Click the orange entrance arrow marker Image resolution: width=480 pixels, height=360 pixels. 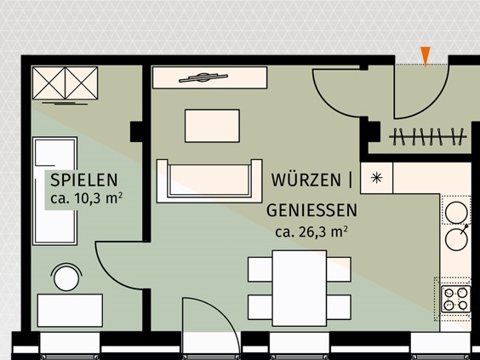[x=426, y=55]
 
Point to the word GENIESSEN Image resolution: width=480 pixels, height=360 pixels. [x=311, y=209]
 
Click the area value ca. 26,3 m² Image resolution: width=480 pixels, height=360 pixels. [x=311, y=230]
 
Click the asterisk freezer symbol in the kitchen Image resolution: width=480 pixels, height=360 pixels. [x=377, y=178]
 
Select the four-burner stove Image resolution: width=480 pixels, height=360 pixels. [x=456, y=298]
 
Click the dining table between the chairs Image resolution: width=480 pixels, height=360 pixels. [x=300, y=287]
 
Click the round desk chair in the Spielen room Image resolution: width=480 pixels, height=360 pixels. [x=65, y=277]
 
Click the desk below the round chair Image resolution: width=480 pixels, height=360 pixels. [x=70, y=310]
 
